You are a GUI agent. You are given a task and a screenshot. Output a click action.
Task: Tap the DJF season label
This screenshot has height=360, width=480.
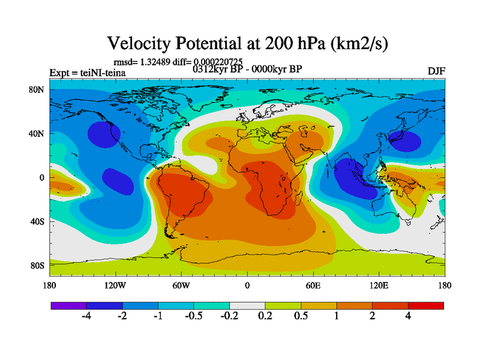436,71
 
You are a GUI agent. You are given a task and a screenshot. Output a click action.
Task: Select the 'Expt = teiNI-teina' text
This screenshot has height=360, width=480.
87,73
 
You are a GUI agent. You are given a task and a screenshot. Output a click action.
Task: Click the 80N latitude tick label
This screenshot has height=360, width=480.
38,89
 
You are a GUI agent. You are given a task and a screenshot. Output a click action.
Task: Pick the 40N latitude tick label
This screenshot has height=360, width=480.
38,133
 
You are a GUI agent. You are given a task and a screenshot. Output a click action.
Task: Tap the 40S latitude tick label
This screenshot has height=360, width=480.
38,221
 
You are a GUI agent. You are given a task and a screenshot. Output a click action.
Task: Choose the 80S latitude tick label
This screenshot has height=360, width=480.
38,265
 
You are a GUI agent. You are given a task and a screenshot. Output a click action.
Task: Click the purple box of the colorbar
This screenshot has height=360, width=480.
69,306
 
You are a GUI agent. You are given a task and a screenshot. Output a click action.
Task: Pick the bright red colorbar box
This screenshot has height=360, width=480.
426,306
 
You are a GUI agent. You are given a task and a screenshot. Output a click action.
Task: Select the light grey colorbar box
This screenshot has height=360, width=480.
247,306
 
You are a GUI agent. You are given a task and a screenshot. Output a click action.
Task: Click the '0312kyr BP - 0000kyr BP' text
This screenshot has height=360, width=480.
247,68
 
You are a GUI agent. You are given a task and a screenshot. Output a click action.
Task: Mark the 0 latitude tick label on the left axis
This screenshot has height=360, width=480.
43,178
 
